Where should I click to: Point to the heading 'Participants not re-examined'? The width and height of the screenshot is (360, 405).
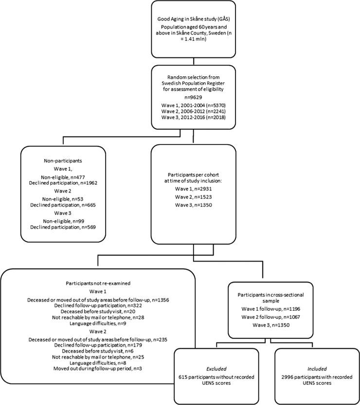[97, 282]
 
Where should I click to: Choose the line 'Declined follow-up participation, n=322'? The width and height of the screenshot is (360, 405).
[97, 306]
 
